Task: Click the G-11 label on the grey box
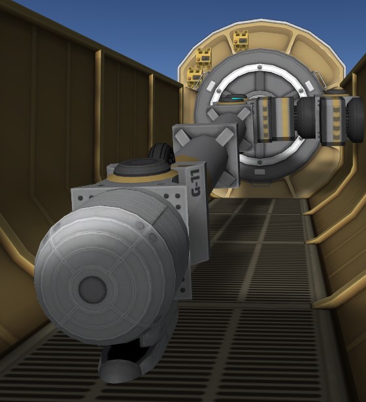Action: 195,183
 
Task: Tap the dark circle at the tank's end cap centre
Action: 92,289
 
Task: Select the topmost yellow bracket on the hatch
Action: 241,40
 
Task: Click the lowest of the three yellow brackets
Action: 195,76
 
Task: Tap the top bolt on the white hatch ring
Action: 259,67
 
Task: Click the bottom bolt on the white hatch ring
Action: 259,162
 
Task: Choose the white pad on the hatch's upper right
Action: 308,85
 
